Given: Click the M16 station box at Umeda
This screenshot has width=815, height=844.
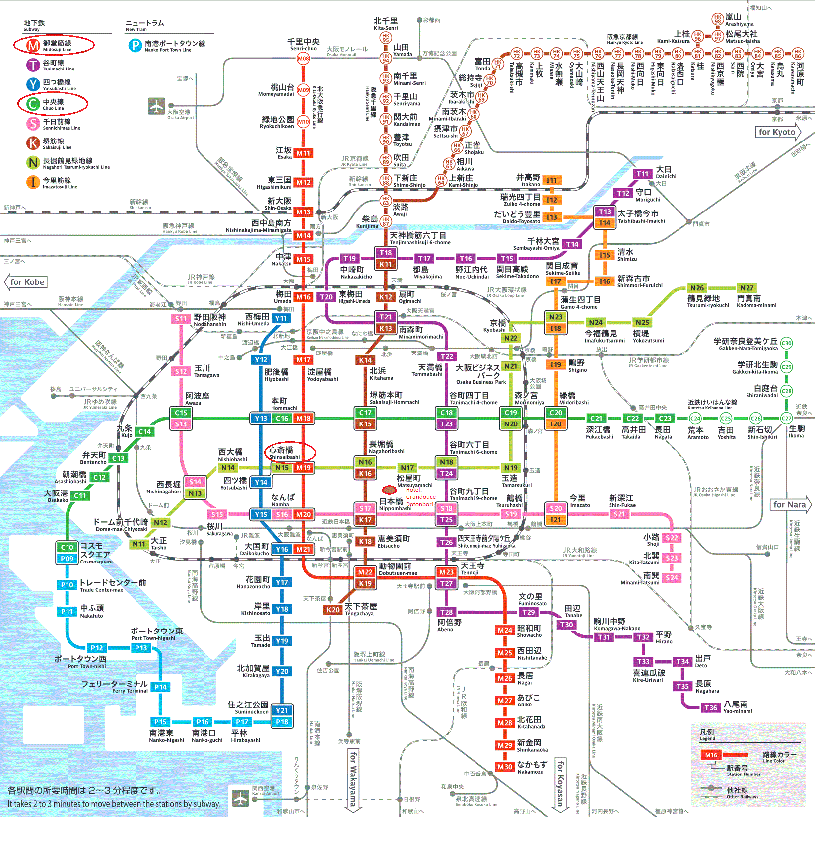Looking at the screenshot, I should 303,297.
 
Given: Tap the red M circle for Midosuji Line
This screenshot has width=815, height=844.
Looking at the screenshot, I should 33,45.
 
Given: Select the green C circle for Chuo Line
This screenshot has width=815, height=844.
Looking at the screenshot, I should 33,104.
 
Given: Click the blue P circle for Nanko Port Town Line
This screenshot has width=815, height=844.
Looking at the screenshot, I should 135,46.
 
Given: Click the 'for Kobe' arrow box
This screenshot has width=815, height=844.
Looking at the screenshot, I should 27,282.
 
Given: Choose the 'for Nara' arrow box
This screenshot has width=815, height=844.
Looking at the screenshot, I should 790,504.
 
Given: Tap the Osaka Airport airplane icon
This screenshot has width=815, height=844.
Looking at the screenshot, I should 156,106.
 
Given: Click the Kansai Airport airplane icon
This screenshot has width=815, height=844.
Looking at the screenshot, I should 241,798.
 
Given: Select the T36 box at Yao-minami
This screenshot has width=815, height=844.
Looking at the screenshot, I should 711,707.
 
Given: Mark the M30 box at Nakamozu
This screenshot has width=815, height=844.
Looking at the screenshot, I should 505,767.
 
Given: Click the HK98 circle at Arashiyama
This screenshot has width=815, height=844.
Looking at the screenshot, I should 717,19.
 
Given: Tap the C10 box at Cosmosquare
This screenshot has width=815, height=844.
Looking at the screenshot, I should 67,547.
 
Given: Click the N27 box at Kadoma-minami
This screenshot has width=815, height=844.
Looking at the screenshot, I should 747,288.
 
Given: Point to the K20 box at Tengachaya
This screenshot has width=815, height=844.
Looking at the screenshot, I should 333,610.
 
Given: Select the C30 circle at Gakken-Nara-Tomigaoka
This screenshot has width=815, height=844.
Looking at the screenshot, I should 786,343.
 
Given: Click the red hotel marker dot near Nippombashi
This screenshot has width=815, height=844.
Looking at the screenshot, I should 389,490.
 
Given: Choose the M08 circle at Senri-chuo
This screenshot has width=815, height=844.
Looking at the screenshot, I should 303,58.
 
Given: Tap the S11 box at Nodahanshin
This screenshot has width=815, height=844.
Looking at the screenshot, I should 181,319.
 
